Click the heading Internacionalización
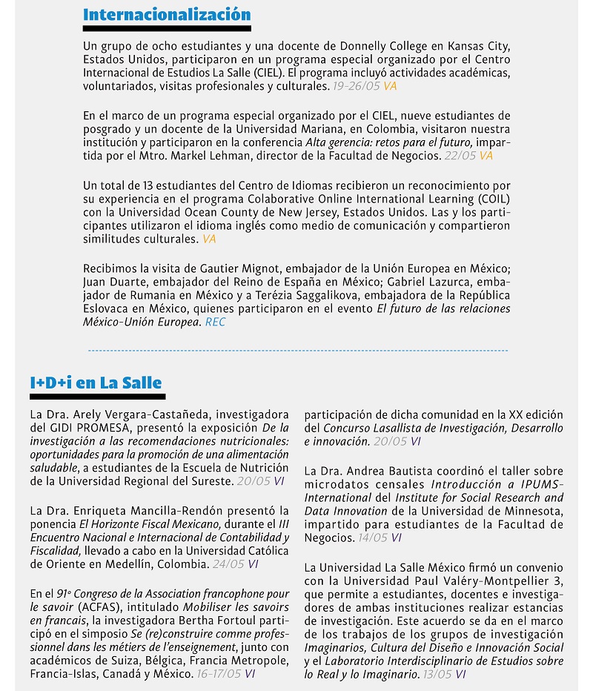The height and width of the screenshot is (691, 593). tap(167, 15)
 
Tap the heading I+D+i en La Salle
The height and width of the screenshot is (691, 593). tap(96, 383)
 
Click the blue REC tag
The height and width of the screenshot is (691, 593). tap(215, 323)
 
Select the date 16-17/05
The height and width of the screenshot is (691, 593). tap(219, 674)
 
